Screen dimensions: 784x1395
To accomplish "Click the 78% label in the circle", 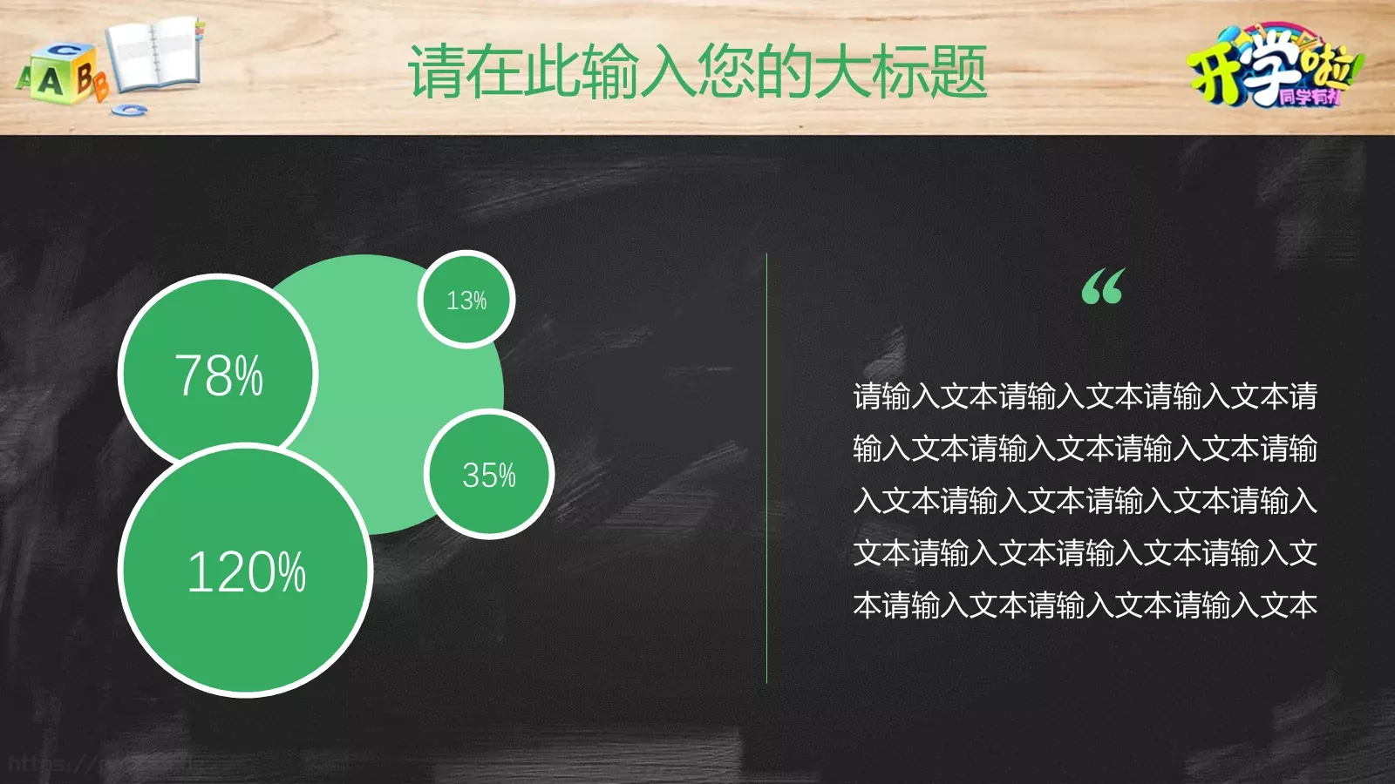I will [219, 375].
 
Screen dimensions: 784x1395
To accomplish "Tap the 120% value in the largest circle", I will [247, 572].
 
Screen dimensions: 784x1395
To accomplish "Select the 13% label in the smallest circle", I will [466, 301].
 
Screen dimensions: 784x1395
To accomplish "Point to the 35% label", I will [489, 476].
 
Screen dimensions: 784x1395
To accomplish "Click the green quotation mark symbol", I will [1103, 287].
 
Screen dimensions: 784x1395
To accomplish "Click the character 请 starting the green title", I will [436, 71].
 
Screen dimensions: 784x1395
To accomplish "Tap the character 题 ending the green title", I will [958, 71].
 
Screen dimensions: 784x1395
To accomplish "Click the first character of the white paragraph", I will [868, 397].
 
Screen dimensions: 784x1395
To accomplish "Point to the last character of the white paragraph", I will [1303, 605].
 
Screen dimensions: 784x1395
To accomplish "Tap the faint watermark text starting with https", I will [52, 765].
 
